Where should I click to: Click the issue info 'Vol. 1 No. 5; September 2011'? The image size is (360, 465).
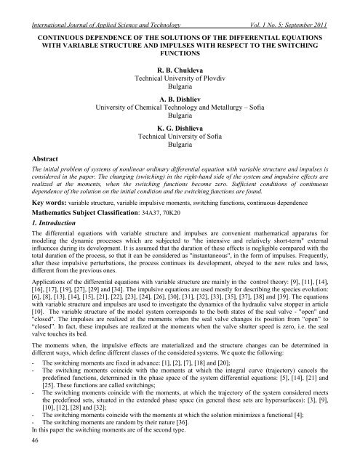pos(287,7)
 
